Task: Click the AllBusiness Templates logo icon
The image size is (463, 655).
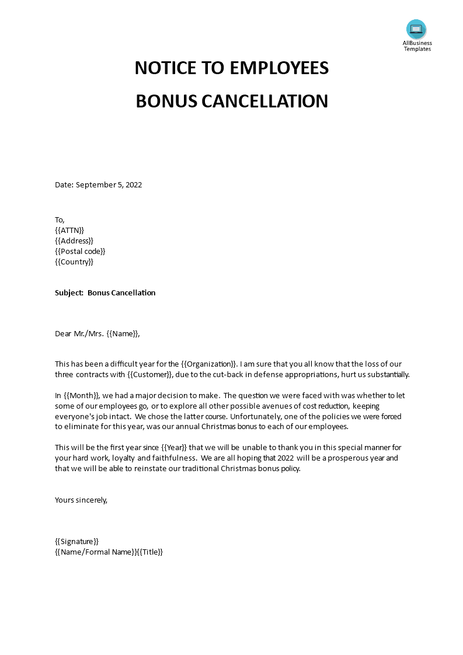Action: click(x=416, y=29)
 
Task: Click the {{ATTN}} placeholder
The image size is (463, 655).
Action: click(x=69, y=231)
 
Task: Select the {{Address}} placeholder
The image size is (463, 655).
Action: click(x=74, y=241)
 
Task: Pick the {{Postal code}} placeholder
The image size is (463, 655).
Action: click(x=80, y=252)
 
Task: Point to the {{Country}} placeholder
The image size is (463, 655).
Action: click(x=74, y=262)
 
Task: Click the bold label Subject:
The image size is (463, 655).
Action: click(x=69, y=293)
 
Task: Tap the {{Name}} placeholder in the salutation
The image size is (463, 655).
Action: click(x=123, y=334)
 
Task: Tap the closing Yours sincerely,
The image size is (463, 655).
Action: click(x=81, y=500)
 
